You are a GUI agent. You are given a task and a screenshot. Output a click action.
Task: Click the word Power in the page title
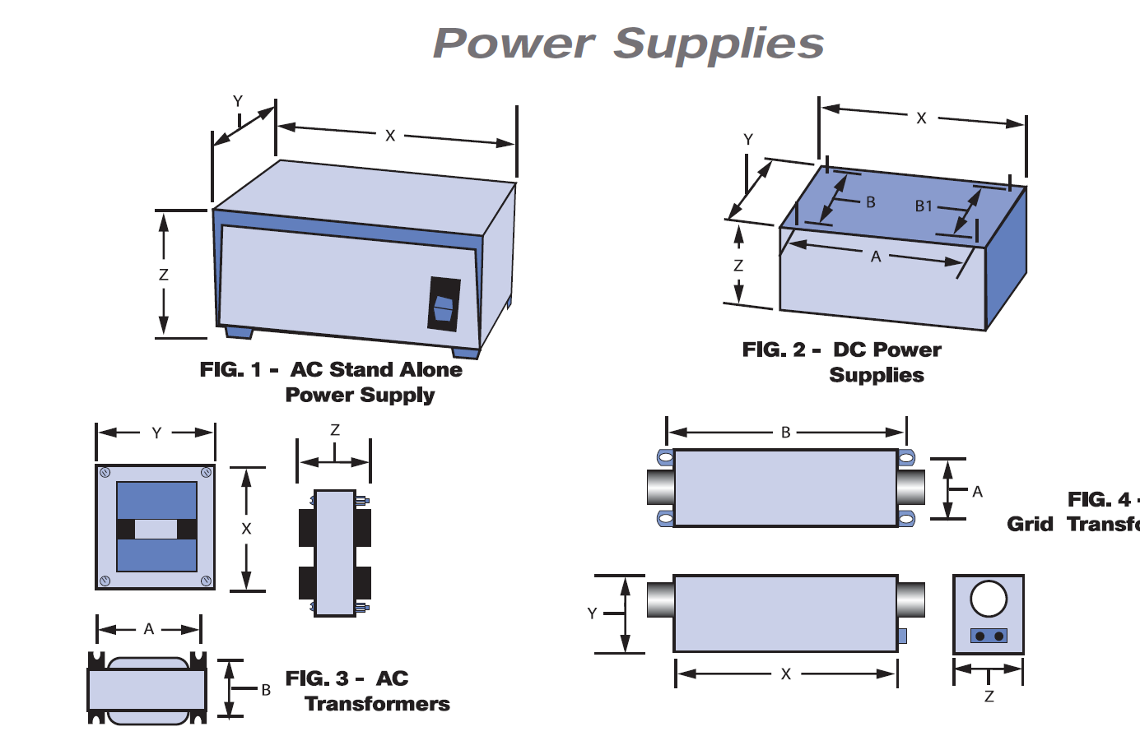coord(513,44)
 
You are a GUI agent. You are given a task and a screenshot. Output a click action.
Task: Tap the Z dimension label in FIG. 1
coord(164,275)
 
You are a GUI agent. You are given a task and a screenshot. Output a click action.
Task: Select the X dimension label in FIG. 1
coord(390,136)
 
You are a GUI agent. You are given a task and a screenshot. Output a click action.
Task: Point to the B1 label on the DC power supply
coord(924,206)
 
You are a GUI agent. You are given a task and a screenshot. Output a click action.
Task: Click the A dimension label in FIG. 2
coord(876,257)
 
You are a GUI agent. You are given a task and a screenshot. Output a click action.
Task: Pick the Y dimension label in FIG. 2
coord(748,140)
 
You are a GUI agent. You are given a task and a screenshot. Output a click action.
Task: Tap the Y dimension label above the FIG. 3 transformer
coord(156,433)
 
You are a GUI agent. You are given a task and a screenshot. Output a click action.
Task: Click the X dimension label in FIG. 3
coord(246,529)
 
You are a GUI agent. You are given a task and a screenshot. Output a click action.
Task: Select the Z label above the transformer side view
coord(335,430)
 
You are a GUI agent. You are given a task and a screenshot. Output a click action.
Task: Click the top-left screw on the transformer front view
coord(105,473)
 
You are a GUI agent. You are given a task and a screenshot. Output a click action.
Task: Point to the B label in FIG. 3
coord(266,690)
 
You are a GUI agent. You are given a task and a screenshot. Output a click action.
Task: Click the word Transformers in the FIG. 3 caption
coord(377,704)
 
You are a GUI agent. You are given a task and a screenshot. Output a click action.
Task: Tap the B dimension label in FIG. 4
coord(786,433)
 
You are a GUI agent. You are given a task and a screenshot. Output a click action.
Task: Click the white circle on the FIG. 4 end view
coord(989,599)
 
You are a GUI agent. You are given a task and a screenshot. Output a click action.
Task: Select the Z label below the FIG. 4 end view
coord(989,697)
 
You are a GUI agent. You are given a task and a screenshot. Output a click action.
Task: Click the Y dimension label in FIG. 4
coord(592,613)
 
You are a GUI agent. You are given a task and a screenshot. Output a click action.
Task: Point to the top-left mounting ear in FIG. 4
coord(665,457)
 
